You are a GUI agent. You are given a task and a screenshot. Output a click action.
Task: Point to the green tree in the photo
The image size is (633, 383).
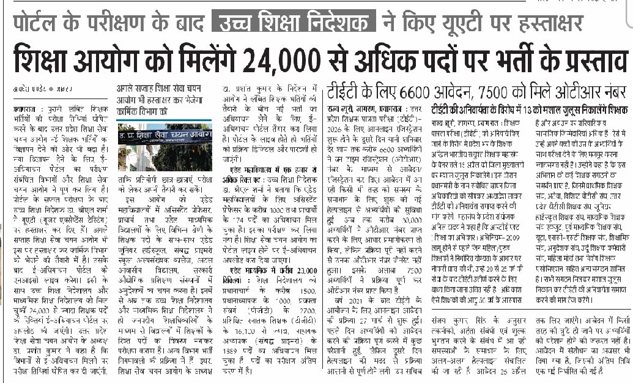point(132,147)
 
